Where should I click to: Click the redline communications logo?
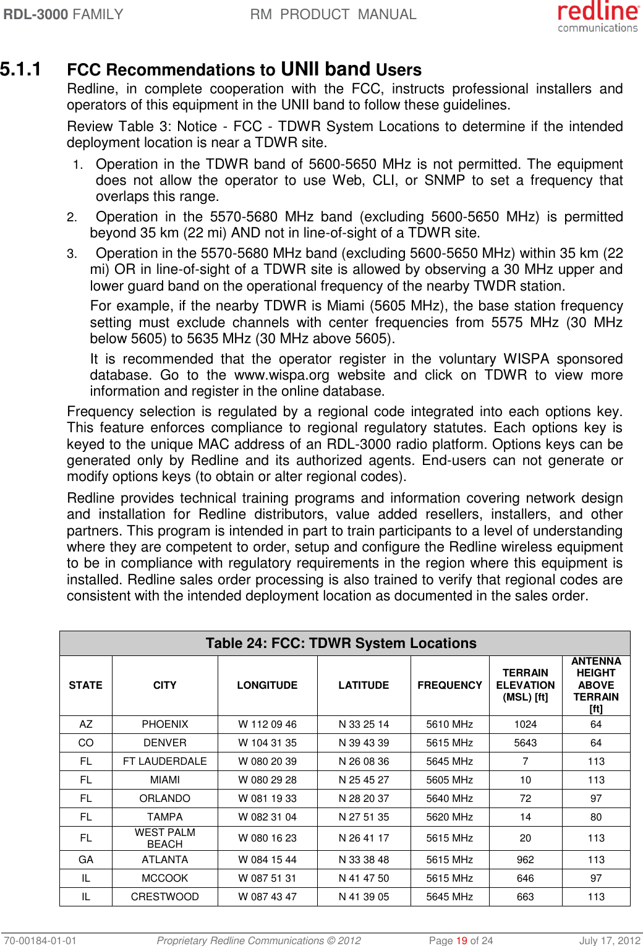pyautogui.click(x=597, y=17)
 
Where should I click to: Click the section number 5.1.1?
pyautogui.click(x=21, y=69)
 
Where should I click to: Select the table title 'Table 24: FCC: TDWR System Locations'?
pyautogui.click(x=341, y=643)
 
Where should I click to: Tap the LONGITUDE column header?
pyautogui.click(x=267, y=685)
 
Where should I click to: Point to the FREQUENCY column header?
pyautogui.click(x=449, y=685)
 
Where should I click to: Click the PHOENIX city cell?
pyautogui.click(x=164, y=724)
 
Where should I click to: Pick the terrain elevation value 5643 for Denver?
pyautogui.click(x=525, y=743)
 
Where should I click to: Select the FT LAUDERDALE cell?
pyautogui.click(x=164, y=761)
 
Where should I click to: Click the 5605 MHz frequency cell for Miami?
pyautogui.click(x=449, y=780)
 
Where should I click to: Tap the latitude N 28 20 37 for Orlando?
pyautogui.click(x=364, y=798)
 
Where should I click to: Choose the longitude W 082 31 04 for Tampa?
pyautogui.click(x=267, y=817)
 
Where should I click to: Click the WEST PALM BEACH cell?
pyautogui.click(x=164, y=838)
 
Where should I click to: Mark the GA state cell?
pyautogui.click(x=86, y=859)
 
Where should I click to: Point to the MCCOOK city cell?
pyautogui.click(x=164, y=878)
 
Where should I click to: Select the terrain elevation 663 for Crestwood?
pyautogui.click(x=525, y=897)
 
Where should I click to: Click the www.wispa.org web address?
pyautogui.click(x=281, y=375)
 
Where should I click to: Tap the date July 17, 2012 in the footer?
pyautogui.click(x=609, y=940)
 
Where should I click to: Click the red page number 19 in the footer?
pyautogui.click(x=461, y=940)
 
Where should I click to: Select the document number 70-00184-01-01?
pyautogui.click(x=40, y=940)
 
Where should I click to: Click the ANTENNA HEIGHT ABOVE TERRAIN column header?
pyautogui.click(x=595, y=685)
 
